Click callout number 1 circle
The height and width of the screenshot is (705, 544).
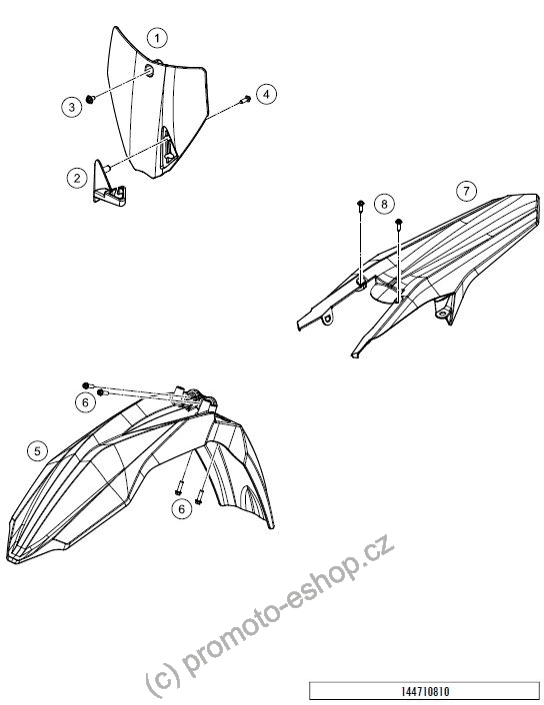157,38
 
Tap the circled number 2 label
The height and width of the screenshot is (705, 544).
77,178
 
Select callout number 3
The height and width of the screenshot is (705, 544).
72,107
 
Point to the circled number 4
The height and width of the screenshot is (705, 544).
266,95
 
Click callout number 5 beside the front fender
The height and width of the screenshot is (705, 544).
37,450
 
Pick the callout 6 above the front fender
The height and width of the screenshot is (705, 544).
85,402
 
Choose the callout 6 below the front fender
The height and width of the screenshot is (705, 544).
181,508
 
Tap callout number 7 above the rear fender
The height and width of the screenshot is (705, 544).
466,191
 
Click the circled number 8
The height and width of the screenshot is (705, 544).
384,204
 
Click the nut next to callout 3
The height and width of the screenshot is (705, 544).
90,99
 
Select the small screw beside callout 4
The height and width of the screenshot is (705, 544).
245,99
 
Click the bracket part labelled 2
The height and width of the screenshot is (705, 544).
109,184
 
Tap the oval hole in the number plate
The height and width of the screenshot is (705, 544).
149,70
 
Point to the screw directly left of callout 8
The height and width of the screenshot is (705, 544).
360,208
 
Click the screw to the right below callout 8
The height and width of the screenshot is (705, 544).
399,224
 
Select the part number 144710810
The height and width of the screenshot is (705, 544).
425,691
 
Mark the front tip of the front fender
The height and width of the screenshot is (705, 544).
10,556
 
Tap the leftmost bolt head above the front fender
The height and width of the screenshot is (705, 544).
86,385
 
